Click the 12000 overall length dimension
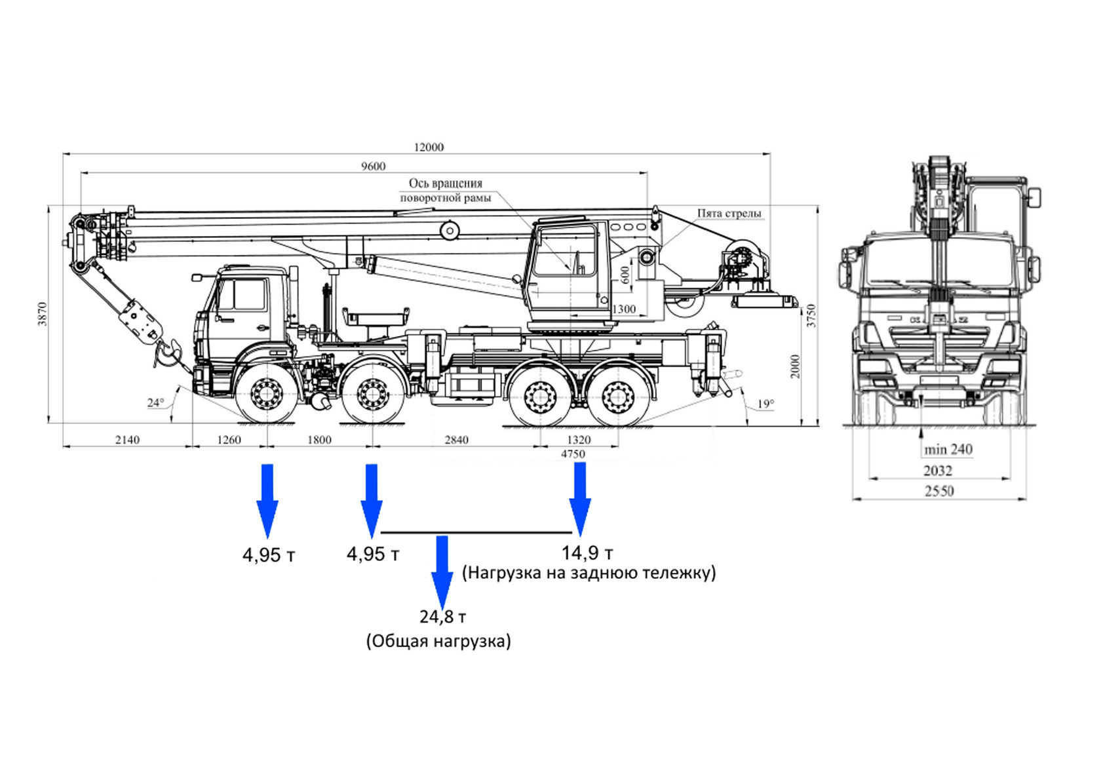[429, 147]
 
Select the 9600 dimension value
[373, 166]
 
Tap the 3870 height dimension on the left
[43, 314]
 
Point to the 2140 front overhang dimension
[127, 440]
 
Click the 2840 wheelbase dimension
[456, 440]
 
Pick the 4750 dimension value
[573, 454]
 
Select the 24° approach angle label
[155, 402]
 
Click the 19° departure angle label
[765, 404]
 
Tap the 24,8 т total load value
[443, 617]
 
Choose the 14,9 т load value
[587, 553]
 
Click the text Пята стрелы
[729, 214]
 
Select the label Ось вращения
[446, 184]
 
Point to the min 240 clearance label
[948, 450]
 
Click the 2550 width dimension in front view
[938, 491]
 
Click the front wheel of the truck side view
[266, 394]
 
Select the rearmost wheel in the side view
[617, 397]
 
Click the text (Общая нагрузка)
[438, 640]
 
